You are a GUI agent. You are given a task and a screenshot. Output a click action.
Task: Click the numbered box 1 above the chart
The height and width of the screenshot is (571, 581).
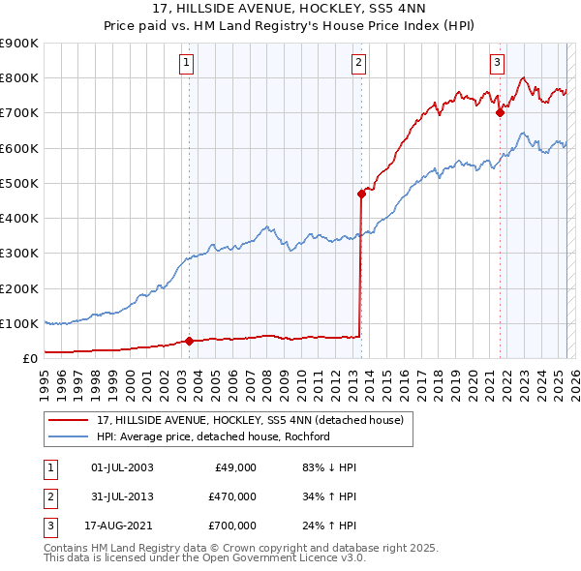coord(185,64)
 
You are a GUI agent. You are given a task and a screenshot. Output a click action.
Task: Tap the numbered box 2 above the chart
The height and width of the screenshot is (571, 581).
coord(358,64)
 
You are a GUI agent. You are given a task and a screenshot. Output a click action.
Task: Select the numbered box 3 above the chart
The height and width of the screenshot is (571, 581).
coord(497,64)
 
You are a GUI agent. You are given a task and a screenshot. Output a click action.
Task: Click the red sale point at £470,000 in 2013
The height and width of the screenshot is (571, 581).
coord(361,194)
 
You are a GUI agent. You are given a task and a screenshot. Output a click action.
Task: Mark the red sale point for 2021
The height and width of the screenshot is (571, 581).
coord(501,112)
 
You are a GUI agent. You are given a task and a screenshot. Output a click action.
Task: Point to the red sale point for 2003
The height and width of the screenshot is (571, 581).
coord(189,341)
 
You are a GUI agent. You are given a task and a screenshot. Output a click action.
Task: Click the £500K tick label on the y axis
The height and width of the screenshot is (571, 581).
coord(20,183)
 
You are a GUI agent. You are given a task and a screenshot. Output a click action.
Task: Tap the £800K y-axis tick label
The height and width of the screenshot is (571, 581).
coord(20,77)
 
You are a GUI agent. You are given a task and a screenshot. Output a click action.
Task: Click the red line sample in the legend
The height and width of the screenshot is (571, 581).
coord(68,419)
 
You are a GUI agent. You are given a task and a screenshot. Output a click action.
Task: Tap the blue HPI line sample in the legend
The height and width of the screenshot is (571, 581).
coord(68,436)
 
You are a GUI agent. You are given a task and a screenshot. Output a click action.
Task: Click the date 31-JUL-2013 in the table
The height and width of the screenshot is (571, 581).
coord(122,496)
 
